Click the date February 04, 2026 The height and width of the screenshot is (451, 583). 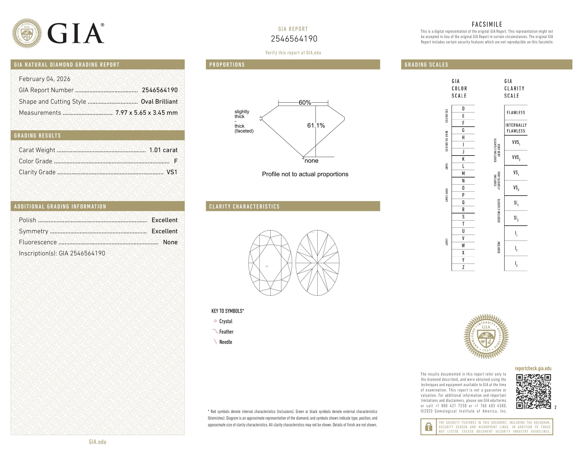[45, 79]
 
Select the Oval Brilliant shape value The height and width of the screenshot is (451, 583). [159, 102]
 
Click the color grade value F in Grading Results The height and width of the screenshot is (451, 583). [175, 161]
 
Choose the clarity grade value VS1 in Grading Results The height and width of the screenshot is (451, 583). [172, 172]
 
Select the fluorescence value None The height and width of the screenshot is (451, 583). [170, 242]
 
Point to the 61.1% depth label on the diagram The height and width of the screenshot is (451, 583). [316, 126]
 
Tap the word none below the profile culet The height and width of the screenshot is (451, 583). [311, 161]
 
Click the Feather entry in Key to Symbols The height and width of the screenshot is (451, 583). [226, 332]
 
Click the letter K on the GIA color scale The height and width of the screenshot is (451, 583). [463, 159]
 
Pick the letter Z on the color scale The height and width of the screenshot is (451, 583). [463, 267]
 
